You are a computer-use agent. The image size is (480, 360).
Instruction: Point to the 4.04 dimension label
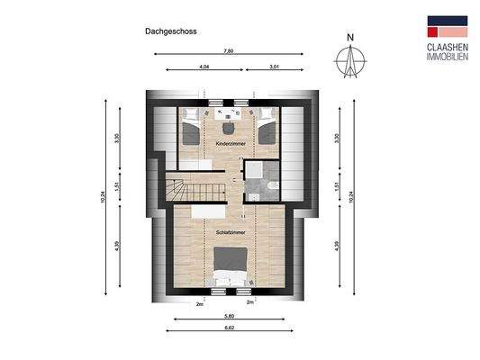click(203, 67)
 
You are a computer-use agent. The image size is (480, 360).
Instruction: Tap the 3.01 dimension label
click(274, 67)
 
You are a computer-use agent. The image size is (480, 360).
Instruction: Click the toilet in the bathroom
click(274, 184)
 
